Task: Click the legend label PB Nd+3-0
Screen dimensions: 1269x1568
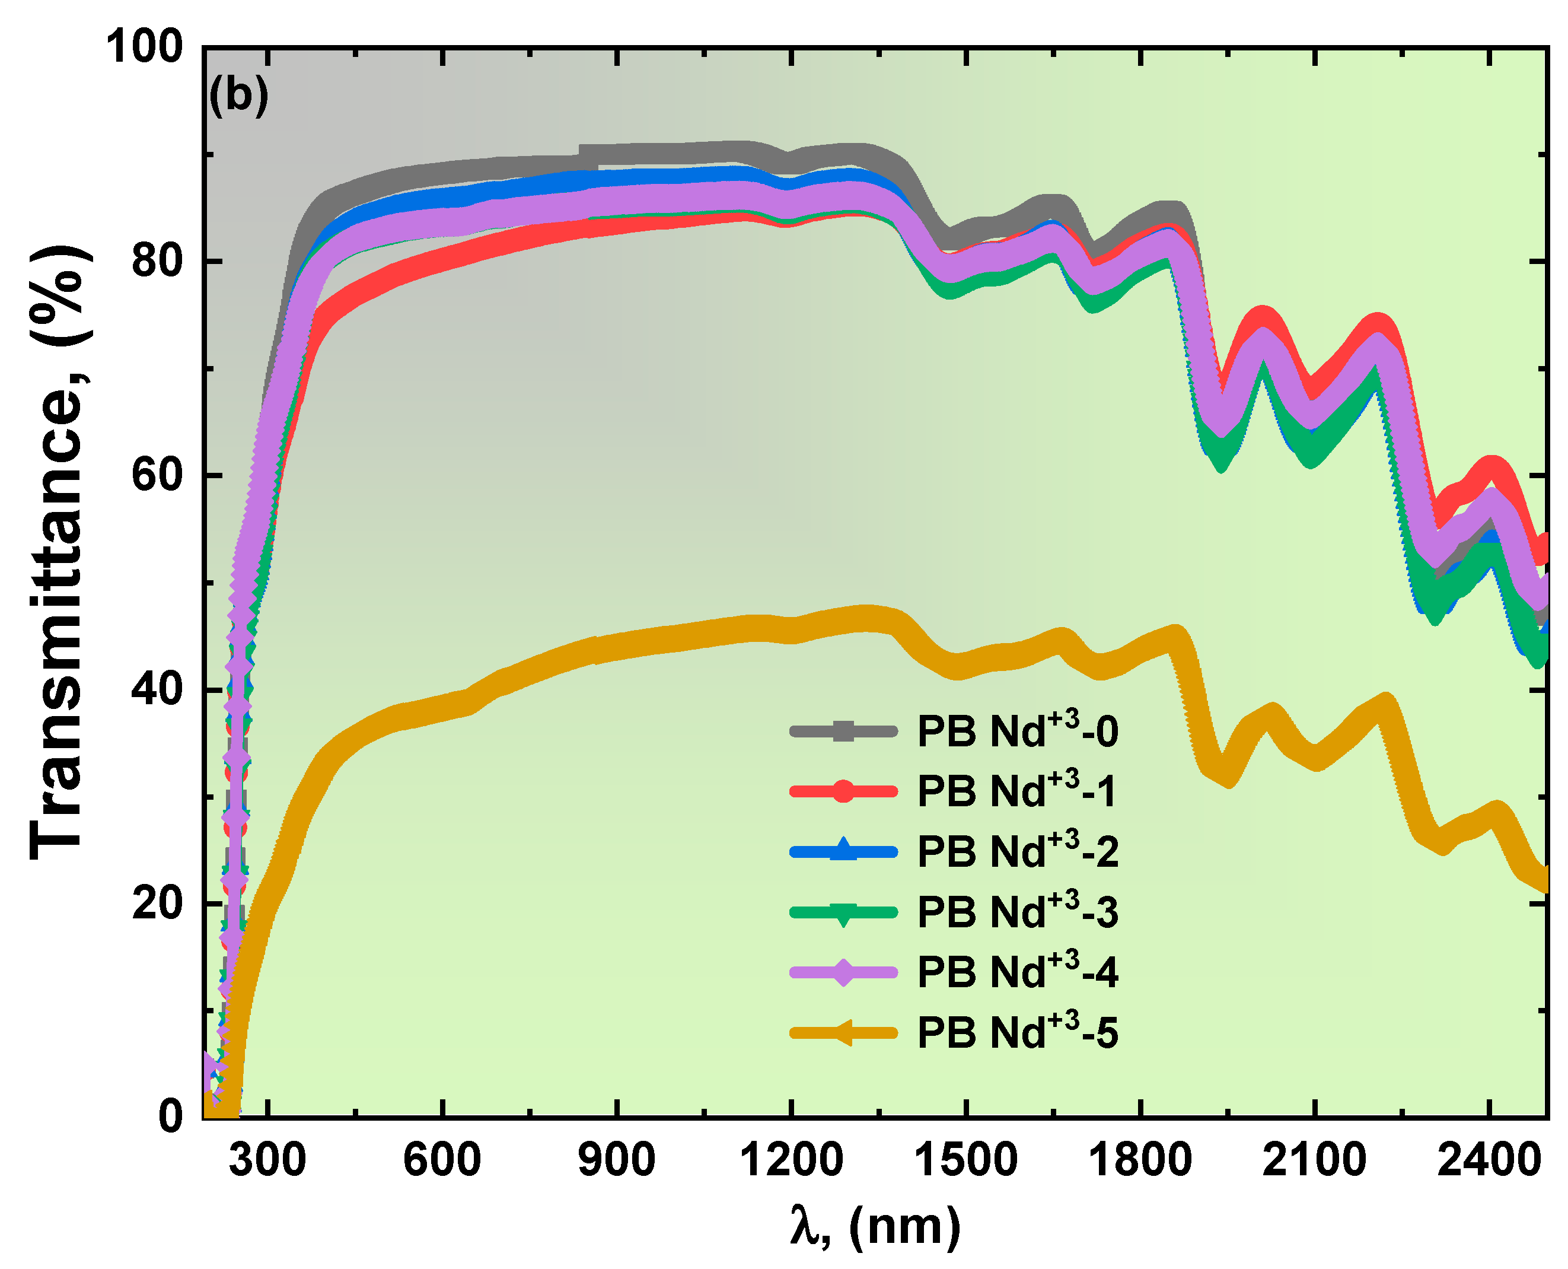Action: point(1017,731)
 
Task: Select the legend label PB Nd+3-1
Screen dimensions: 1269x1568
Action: point(1017,791)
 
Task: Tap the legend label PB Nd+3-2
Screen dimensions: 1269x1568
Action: point(1017,851)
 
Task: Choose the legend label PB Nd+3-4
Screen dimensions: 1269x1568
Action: point(1017,972)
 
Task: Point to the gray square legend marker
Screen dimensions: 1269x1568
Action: point(843,731)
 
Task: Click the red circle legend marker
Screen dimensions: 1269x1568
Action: point(843,791)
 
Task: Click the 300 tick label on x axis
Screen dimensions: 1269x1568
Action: point(267,1161)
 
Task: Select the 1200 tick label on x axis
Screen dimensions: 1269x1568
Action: point(791,1161)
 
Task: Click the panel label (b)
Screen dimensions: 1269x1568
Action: point(239,95)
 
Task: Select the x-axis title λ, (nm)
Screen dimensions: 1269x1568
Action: point(875,1227)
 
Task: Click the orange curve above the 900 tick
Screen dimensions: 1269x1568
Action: point(617,647)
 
